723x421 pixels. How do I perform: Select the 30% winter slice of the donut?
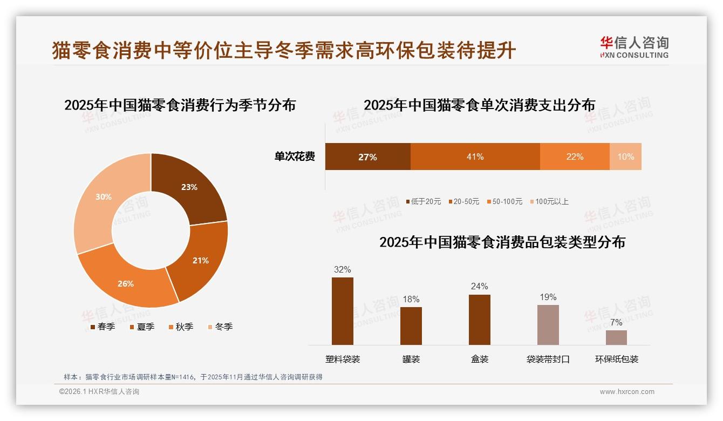(x=103, y=198)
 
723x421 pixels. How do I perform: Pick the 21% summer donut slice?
(x=200, y=260)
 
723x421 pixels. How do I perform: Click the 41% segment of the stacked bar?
(x=475, y=157)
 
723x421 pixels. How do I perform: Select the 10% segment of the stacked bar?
(x=625, y=157)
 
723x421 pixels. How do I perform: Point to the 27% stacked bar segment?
(x=367, y=157)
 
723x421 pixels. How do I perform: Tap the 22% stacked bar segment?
(x=575, y=157)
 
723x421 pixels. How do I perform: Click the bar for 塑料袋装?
(x=343, y=311)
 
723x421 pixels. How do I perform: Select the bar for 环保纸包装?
(x=616, y=337)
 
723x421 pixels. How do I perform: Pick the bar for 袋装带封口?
(x=548, y=324)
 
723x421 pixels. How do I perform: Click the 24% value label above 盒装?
(x=479, y=286)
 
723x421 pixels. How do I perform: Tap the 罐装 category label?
(x=411, y=359)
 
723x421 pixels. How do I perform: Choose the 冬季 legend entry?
(x=220, y=327)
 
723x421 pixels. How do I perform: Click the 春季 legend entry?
(x=103, y=327)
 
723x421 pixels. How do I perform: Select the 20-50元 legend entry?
(x=463, y=201)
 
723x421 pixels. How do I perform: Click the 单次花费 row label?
(x=295, y=157)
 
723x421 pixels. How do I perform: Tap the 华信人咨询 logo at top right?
(x=634, y=47)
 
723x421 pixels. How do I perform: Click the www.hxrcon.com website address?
(x=627, y=392)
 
